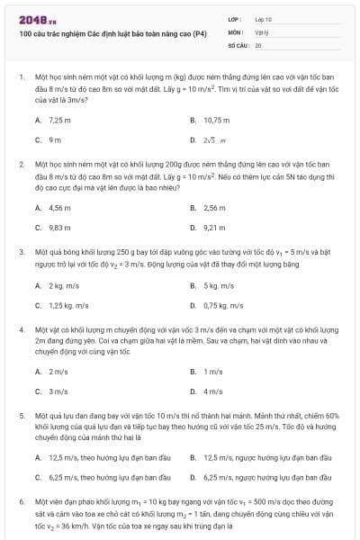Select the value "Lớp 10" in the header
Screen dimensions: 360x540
point(263,19)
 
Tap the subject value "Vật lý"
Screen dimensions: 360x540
point(260,31)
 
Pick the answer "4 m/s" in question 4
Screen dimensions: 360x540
point(212,391)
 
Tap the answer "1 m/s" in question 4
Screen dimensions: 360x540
point(212,371)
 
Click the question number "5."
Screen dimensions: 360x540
point(21,417)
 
